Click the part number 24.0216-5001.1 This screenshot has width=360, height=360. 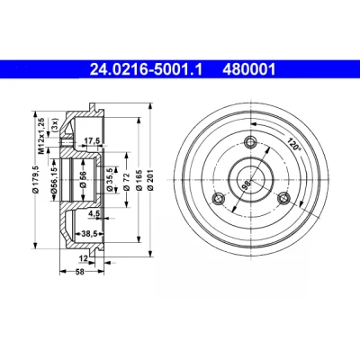click(x=147, y=70)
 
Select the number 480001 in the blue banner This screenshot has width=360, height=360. click(x=248, y=70)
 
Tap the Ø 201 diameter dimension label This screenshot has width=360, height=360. click(x=150, y=180)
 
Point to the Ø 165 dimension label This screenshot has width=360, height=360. click(x=139, y=180)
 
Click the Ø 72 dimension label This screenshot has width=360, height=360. click(x=126, y=182)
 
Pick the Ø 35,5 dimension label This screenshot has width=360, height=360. click(x=110, y=179)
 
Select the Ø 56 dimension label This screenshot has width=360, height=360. click(x=83, y=179)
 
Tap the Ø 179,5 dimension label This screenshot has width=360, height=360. click(x=36, y=179)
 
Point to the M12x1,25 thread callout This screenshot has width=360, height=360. click(x=41, y=136)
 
